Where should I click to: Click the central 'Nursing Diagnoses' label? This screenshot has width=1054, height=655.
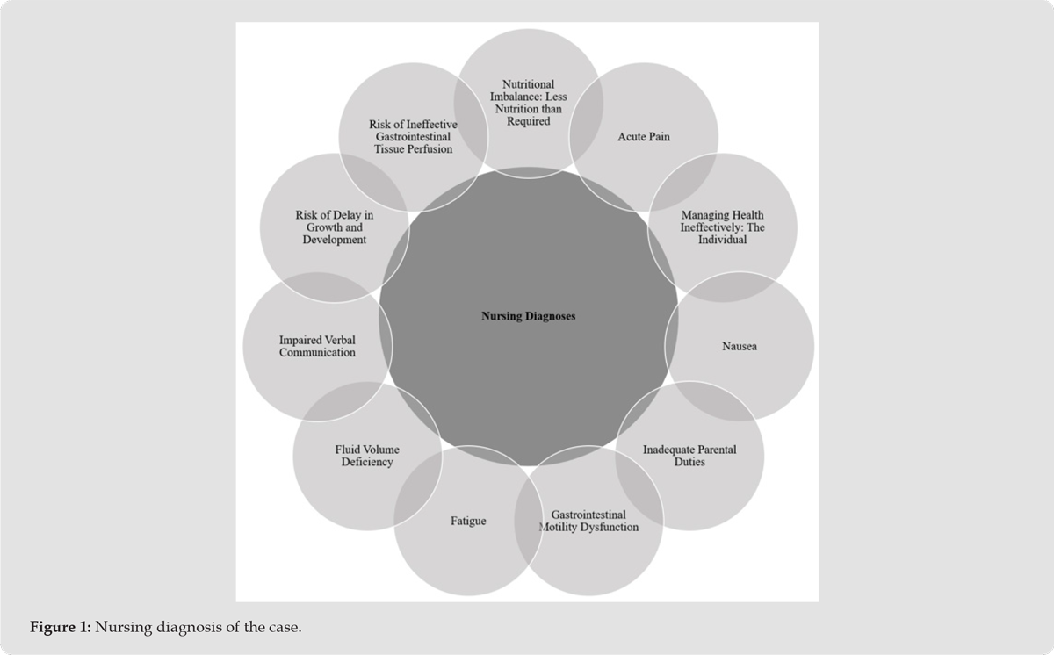coord(528,316)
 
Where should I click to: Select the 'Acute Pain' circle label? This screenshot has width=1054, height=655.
coord(643,137)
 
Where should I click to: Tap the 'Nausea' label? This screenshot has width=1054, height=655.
coord(739,346)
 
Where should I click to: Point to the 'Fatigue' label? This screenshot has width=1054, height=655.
coord(468,521)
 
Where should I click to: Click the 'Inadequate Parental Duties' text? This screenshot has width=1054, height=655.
coord(689,456)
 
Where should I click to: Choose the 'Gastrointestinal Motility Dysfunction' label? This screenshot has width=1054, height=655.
coord(588,521)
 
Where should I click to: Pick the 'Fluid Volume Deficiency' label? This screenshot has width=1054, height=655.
coord(367,456)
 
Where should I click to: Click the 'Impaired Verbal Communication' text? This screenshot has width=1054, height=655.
coord(317,346)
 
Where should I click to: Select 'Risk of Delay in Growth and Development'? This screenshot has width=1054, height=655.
coord(334,227)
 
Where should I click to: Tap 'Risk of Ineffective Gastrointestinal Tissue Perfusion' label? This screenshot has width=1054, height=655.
coord(413,137)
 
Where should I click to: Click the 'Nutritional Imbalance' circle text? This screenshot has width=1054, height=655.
coord(528,103)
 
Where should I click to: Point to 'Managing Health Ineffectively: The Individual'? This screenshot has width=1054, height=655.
coord(722,227)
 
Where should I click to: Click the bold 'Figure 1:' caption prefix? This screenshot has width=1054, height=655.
coord(61,627)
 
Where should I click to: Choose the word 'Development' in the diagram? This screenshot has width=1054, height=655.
coord(334,240)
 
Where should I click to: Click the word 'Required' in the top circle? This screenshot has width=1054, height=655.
coord(528,121)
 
